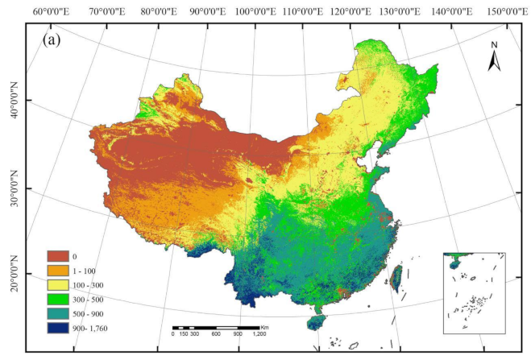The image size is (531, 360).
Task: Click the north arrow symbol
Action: (x=495, y=56)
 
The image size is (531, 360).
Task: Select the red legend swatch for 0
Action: (x=60, y=256)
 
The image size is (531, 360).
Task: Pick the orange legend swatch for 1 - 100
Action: (x=60, y=271)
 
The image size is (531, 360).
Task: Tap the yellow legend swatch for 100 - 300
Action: (x=60, y=285)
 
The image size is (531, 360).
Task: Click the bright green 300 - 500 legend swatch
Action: (x=60, y=300)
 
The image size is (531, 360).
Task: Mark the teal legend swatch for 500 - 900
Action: (x=60, y=314)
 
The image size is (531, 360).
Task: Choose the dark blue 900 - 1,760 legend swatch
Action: (x=60, y=328)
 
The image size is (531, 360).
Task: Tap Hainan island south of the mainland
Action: (x=317, y=324)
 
